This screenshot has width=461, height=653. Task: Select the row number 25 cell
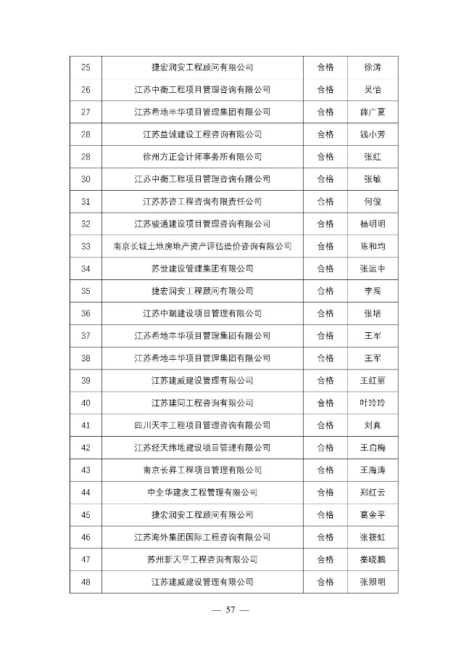[x=86, y=67]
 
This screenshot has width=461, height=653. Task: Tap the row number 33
[x=86, y=246]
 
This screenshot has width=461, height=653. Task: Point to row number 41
[x=86, y=425]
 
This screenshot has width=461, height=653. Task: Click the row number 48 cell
[x=86, y=581]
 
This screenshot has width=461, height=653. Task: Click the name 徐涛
[x=373, y=67]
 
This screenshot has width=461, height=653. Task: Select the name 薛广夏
[x=373, y=112]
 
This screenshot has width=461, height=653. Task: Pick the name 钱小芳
[x=373, y=134]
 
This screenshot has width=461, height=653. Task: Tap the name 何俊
[x=373, y=201]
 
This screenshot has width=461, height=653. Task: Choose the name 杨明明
[x=373, y=223]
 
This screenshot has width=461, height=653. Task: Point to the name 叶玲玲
[x=373, y=403]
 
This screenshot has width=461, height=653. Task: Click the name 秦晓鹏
[x=373, y=559]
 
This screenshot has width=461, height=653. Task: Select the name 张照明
[x=373, y=581]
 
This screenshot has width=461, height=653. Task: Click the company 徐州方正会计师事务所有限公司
[x=202, y=157]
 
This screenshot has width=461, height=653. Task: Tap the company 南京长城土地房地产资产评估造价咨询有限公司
[x=202, y=246]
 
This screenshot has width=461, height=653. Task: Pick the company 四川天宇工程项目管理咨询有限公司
[x=202, y=425]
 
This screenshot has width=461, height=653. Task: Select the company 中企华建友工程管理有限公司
[x=202, y=492]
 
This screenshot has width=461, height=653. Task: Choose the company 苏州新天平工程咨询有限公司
[x=202, y=559]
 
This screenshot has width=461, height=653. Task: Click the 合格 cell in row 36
[x=325, y=313]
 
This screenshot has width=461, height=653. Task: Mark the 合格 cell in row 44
[x=325, y=492]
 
